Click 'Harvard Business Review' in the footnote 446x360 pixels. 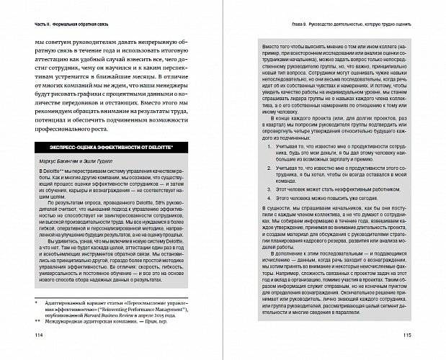click(x=115, y=315)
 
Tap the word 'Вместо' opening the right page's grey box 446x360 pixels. click(x=266, y=46)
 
